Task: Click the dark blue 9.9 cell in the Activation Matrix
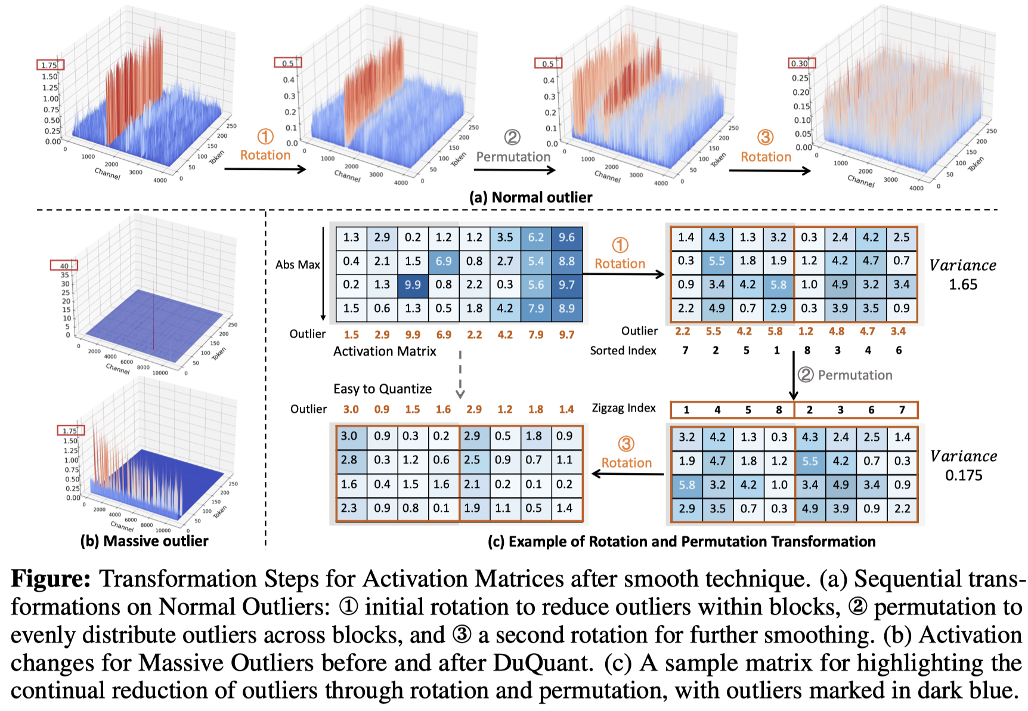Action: click(x=413, y=285)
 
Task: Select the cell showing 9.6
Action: click(x=566, y=237)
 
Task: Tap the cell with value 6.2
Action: click(x=535, y=237)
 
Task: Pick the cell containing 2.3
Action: click(x=349, y=508)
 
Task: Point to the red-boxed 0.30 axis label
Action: click(x=800, y=63)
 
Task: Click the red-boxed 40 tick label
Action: click(x=64, y=266)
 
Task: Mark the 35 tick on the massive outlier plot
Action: click(x=65, y=275)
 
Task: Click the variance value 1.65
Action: click(x=963, y=285)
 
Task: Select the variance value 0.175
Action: click(x=964, y=475)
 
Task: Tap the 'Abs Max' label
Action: click(x=298, y=265)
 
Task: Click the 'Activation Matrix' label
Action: click(x=385, y=351)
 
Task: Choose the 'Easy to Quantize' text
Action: click(x=382, y=389)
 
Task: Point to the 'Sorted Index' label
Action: click(x=623, y=351)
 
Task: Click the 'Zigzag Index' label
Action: click(x=624, y=408)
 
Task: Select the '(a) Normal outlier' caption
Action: click(x=531, y=197)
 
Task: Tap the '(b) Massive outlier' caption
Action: click(x=144, y=541)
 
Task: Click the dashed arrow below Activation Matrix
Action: click(x=460, y=374)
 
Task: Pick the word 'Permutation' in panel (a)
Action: click(x=513, y=157)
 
